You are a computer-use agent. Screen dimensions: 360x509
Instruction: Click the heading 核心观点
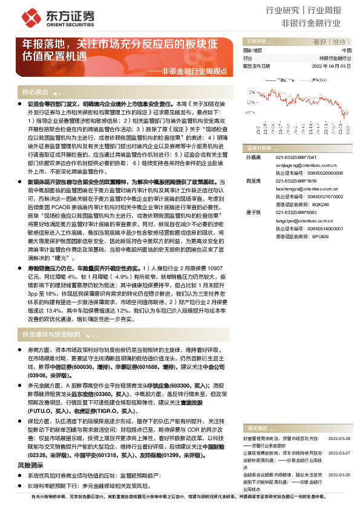coord(35,92)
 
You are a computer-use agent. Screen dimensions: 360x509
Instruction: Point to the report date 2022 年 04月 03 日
coord(332,66)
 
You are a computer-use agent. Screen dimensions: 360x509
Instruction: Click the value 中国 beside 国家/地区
coord(346,51)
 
